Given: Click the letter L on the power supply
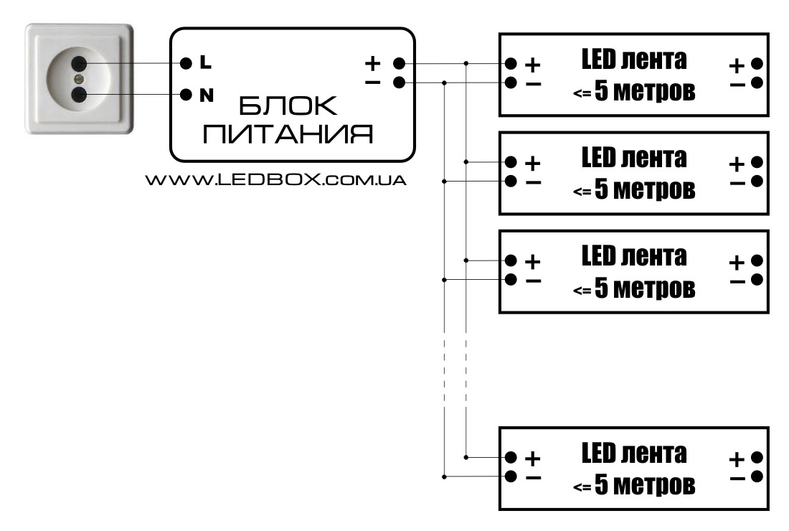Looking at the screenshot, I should (206, 63).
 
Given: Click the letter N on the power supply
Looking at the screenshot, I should (206, 94).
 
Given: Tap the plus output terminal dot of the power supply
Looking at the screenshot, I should (399, 63).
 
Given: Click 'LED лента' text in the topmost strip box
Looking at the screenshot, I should (633, 60).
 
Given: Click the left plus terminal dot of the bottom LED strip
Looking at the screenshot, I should (511, 456).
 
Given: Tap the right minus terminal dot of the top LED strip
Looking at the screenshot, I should (756, 83).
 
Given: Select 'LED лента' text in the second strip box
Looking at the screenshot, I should (633, 157).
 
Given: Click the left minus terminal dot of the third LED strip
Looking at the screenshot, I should (511, 279).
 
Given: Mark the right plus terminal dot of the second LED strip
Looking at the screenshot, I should (756, 161).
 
